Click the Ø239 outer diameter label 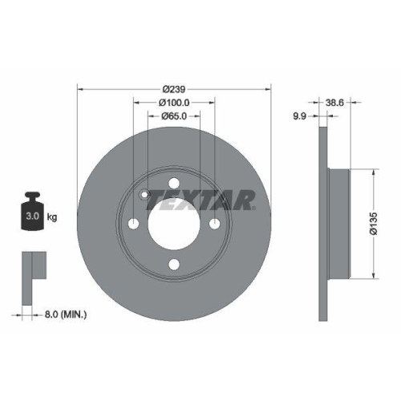point(174,88)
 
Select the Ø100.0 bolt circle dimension point(174,103)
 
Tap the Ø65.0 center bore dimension point(174,116)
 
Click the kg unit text point(53,217)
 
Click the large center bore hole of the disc point(174,224)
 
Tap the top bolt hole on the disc point(174,184)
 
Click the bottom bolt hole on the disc point(174,265)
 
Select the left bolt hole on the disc point(134,224)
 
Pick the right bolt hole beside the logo point(214,224)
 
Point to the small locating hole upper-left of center point(144,194)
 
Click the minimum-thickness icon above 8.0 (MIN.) point(32,269)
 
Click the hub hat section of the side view point(338,224)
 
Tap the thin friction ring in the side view point(324,224)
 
